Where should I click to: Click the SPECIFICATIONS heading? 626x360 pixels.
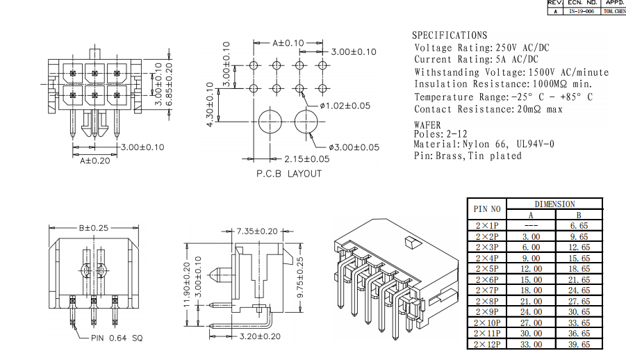point(450,35)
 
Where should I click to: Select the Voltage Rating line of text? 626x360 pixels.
point(481,47)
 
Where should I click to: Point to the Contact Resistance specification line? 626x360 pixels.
point(488,109)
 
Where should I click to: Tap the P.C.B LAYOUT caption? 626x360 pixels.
point(289,174)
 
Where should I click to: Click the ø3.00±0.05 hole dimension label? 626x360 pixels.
point(354,147)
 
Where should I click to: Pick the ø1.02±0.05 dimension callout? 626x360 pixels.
point(345,106)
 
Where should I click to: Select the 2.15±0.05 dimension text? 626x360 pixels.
point(306,159)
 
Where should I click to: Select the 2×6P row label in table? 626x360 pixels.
point(487,279)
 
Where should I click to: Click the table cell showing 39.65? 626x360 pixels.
point(579,344)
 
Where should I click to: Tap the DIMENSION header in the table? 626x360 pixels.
point(555,204)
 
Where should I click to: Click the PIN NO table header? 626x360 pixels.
point(487,209)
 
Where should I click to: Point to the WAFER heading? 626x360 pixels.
point(427,124)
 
